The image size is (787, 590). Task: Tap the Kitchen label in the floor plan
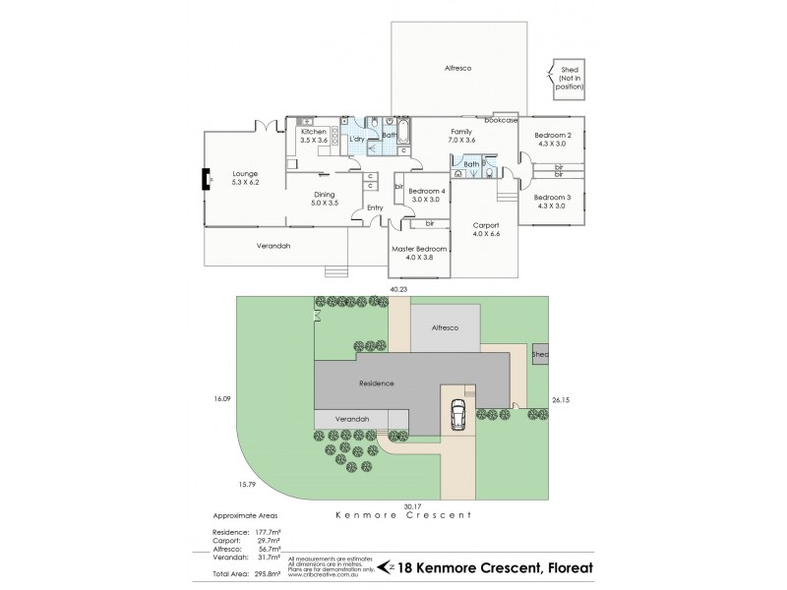[x=314, y=131]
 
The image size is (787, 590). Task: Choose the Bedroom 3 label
[x=552, y=197]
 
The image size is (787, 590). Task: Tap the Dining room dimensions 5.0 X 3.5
[x=325, y=203]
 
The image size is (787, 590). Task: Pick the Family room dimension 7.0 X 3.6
[x=462, y=140]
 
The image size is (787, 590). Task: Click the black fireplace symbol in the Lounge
[x=207, y=178]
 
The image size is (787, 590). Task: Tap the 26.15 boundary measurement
[x=562, y=399]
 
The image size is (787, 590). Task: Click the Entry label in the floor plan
[x=375, y=207]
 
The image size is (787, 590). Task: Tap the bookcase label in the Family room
[x=501, y=120]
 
